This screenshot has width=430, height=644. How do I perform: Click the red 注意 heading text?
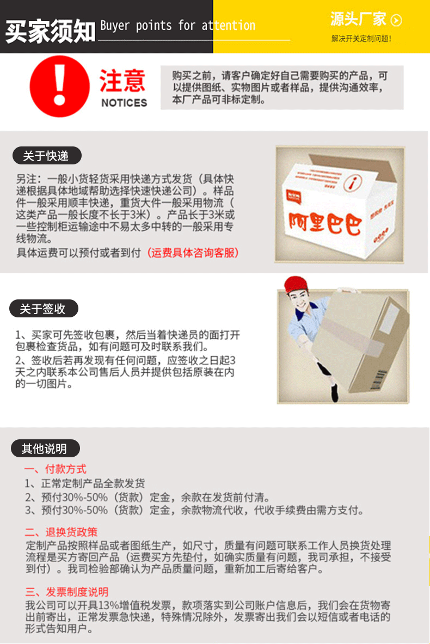coord(122,81)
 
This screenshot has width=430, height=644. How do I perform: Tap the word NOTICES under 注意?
coord(124,103)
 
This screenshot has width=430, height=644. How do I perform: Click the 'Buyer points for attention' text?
coord(177,26)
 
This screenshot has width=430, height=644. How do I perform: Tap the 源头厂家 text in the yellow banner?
coord(358,20)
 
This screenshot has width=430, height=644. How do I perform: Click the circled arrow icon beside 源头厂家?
coord(397,21)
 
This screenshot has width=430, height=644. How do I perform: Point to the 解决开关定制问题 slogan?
coord(361,39)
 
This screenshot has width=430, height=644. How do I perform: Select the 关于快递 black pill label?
coord(47,156)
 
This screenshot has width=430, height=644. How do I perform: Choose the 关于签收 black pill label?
coord(44,309)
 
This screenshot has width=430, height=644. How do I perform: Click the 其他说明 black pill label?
coord(45,449)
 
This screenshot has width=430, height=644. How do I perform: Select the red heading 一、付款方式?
coord(55,469)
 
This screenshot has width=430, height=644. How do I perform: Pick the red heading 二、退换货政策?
coord(61,532)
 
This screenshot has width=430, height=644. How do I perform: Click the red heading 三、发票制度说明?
coord(66,592)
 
